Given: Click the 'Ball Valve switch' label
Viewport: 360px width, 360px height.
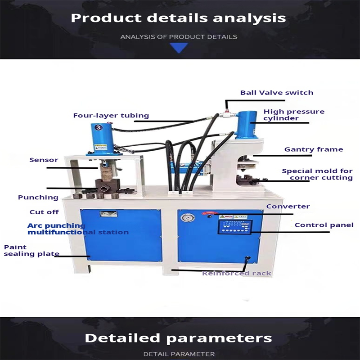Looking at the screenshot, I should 276,93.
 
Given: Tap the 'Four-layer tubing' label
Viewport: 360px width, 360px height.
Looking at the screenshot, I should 111,116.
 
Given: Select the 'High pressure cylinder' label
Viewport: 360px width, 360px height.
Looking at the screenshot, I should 294,115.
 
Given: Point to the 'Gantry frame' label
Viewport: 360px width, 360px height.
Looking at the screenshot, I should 313,149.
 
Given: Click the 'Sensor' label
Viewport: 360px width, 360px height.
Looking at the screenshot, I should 44,160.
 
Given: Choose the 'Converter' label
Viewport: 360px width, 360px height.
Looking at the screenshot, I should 288,207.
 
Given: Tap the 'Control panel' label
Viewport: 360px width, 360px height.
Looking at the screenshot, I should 324,225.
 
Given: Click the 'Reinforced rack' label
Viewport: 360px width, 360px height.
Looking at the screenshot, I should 237,273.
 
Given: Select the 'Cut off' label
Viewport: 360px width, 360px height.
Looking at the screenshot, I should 44,212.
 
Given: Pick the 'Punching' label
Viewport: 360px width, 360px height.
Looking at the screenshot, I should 38,197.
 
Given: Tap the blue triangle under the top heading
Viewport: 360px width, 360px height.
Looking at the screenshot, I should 179,48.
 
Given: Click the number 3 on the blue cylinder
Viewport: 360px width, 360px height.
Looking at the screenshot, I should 97,127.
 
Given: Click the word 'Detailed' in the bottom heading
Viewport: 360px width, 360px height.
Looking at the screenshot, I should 122,337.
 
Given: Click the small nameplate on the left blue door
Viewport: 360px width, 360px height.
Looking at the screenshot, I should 108,215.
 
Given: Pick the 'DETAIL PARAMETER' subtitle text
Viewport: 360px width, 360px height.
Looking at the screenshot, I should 179,354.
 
